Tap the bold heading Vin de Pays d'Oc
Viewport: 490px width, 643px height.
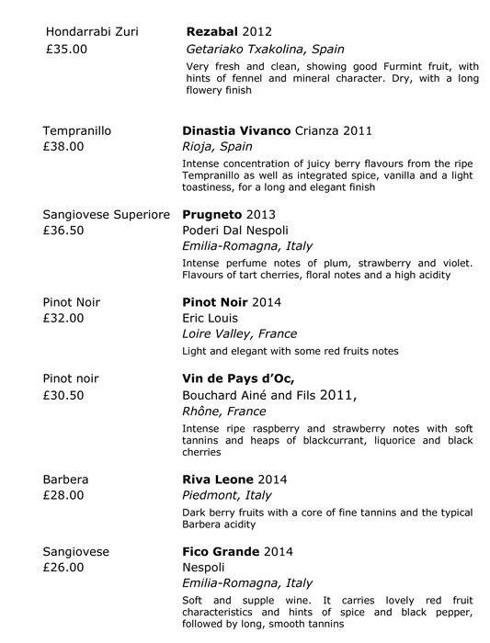click(239, 379)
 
